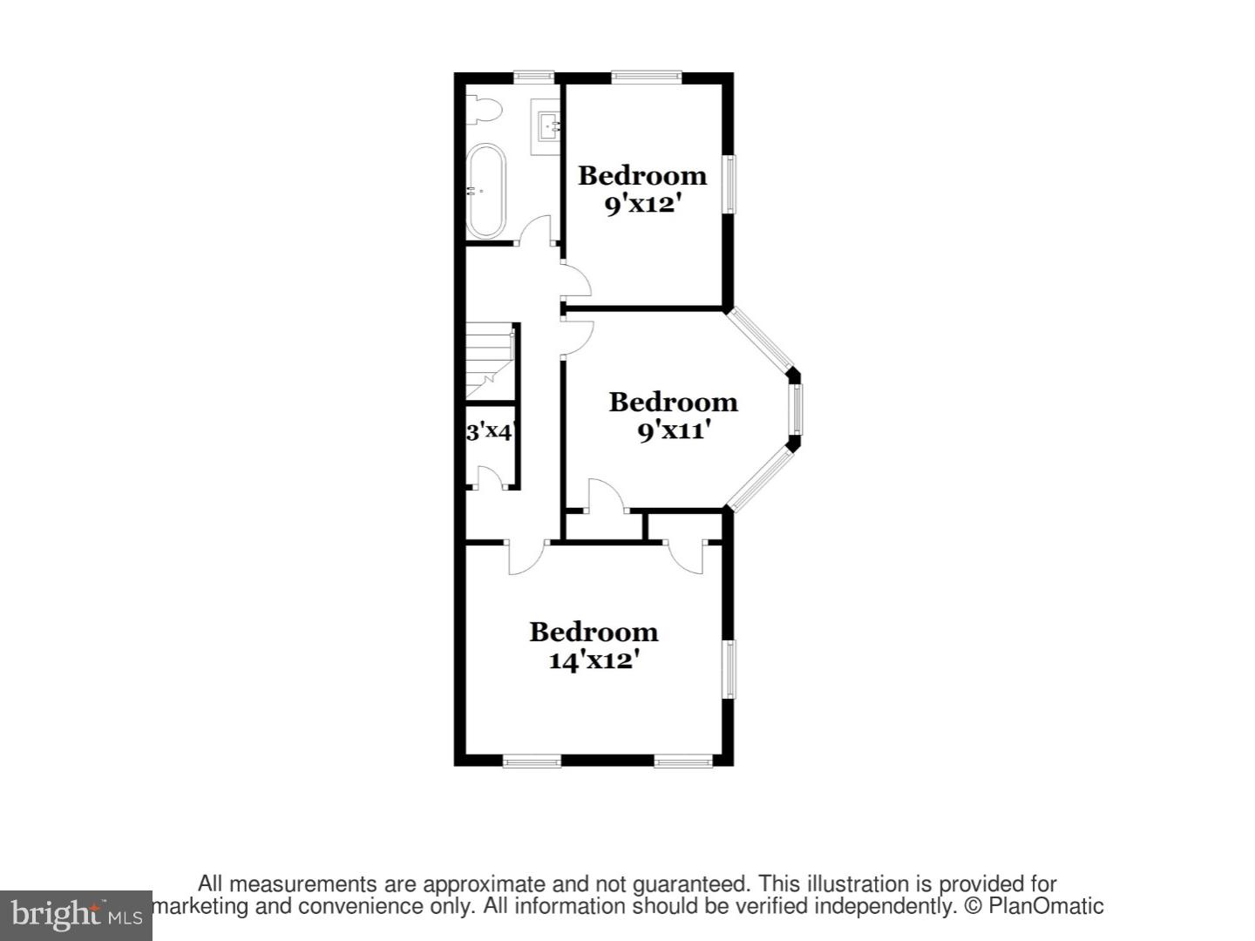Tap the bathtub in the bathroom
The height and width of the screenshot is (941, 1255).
485,191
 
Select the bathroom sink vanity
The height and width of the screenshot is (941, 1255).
546,127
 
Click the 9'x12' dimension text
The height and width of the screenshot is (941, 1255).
641,205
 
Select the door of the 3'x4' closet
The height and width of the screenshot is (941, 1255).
490,478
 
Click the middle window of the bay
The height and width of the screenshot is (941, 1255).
796,409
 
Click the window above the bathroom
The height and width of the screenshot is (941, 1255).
533,77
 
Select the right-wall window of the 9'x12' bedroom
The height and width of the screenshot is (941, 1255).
729,184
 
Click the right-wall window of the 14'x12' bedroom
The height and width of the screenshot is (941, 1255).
729,669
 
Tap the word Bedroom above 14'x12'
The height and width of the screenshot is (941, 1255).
594,632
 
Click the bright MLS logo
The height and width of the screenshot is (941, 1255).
76,915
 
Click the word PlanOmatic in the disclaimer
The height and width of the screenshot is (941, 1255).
1046,906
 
